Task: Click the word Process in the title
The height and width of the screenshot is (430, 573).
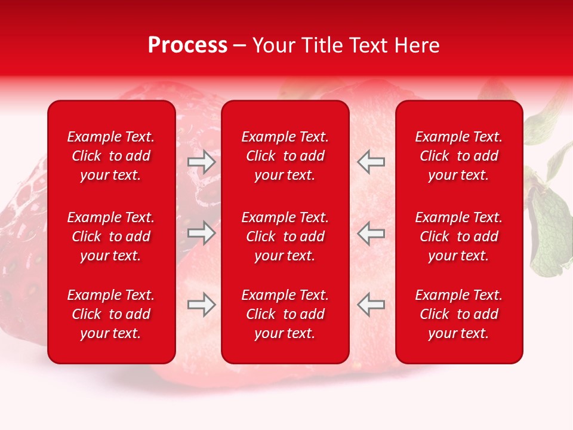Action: tap(187, 45)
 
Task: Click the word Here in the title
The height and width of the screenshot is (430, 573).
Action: tap(417, 45)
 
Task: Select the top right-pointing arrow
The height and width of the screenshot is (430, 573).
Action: tap(202, 162)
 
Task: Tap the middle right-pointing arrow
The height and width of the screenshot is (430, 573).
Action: tap(202, 233)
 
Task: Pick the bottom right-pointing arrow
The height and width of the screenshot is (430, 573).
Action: tap(202, 305)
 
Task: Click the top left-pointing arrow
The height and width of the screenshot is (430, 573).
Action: tap(371, 162)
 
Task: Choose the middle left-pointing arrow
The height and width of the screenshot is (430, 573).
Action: tap(371, 233)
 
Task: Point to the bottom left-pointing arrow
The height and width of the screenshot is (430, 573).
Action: tap(371, 305)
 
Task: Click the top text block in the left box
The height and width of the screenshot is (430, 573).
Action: tap(111, 156)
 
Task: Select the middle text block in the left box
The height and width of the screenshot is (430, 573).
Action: tap(111, 236)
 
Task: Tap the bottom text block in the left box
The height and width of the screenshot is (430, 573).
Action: tap(111, 314)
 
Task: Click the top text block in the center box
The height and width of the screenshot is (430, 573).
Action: tap(285, 156)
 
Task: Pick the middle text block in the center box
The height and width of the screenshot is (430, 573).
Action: tap(285, 236)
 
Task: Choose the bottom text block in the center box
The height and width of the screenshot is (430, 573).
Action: tap(285, 314)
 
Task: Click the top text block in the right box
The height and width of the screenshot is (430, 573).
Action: tap(459, 156)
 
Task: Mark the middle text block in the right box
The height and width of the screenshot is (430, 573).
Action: tap(459, 236)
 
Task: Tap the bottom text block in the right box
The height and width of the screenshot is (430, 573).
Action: tap(459, 314)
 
